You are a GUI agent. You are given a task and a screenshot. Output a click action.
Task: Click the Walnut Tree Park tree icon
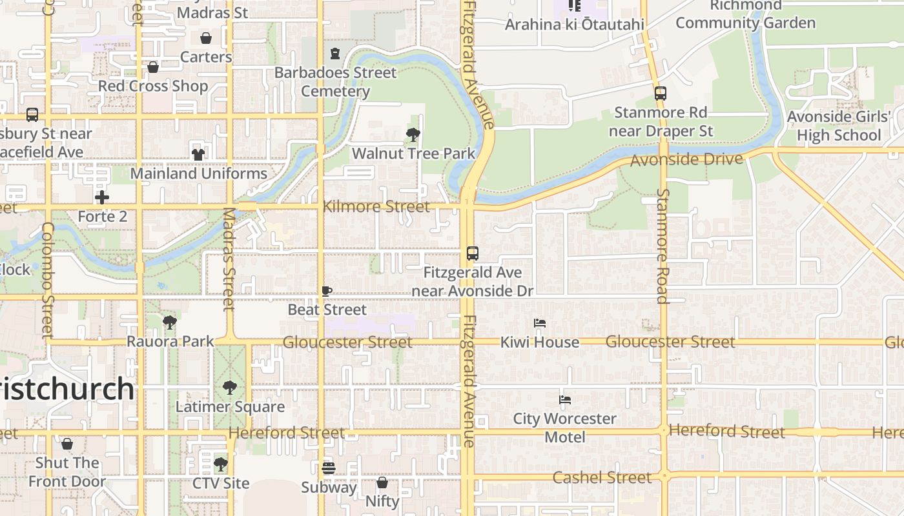[413, 135]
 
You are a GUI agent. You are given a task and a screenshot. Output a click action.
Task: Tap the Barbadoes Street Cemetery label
[335, 82]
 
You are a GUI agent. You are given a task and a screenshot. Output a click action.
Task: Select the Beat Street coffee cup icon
[327, 291]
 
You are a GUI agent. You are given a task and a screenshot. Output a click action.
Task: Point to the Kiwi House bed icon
[540, 322]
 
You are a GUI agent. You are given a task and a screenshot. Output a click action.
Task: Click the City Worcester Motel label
[565, 428]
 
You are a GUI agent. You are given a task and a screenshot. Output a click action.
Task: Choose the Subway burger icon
[329, 468]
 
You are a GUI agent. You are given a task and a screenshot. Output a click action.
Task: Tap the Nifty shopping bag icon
[382, 482]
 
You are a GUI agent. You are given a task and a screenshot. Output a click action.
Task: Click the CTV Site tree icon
[221, 464]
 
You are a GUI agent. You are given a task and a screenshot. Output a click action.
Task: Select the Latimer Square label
[230, 407]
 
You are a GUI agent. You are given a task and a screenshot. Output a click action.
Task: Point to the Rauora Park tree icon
[170, 322]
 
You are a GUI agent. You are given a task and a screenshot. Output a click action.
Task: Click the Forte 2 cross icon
[102, 197]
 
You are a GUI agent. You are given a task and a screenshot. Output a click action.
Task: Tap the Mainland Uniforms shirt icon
[198, 155]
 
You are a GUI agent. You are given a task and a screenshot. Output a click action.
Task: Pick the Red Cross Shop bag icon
[153, 67]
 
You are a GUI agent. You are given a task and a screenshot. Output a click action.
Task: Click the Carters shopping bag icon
[206, 38]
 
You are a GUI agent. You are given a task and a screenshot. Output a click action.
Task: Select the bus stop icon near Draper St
[660, 93]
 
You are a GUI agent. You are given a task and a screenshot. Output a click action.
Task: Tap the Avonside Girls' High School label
[839, 126]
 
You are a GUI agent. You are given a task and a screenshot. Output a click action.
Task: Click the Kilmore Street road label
[376, 206]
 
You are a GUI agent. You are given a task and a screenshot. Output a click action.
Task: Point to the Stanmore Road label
[663, 245]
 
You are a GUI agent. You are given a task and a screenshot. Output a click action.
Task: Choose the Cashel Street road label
[602, 477]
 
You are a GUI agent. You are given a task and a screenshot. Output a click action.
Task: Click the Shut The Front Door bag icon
[67, 444]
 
